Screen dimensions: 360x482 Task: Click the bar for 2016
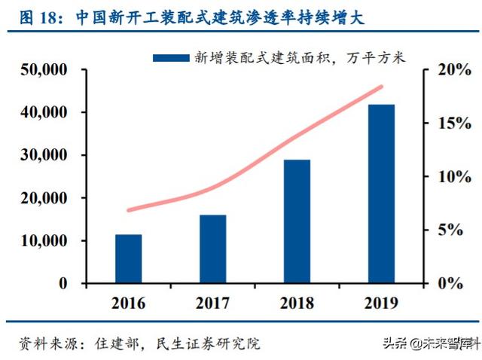click(128, 259)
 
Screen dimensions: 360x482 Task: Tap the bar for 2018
click(297, 221)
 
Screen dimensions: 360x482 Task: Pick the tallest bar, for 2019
click(382, 194)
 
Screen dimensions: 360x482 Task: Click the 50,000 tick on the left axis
click(43, 70)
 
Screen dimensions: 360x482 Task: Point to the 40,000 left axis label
click(43, 113)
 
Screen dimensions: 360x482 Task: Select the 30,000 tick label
click(43, 156)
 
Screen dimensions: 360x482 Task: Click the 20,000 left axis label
click(43, 198)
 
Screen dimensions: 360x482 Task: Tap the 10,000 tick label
click(43, 241)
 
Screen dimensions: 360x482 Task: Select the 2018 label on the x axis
click(297, 304)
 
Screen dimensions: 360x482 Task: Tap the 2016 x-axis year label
click(128, 304)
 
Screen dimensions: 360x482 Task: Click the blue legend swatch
click(171, 57)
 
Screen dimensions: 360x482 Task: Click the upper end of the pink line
click(382, 87)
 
